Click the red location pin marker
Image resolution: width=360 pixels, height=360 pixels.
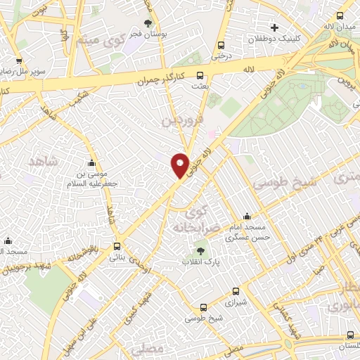pos(181,165)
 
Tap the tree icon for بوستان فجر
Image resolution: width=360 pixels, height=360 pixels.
pos(148,23)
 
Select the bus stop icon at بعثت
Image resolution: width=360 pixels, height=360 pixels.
pos(200,75)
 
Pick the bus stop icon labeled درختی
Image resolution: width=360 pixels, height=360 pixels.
pos(221,43)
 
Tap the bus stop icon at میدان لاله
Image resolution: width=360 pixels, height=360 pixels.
pos(340,16)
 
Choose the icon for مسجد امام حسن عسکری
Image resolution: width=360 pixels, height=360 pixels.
pos(246,217)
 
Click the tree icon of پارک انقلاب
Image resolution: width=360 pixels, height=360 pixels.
pos(202,250)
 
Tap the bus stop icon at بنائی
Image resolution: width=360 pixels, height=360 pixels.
pos(117,246)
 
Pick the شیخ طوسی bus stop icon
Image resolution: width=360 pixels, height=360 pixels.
pos(203,307)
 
